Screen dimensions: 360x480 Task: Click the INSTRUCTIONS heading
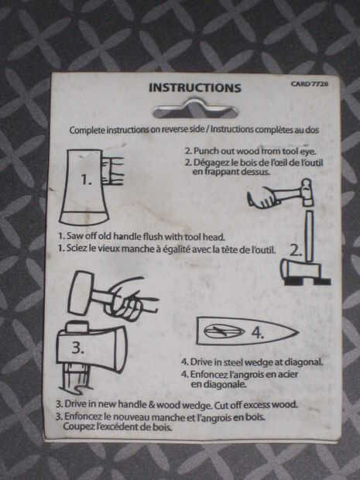pos(195,87)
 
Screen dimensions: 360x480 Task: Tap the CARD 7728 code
pos(310,84)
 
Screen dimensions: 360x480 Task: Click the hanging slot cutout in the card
pos(194,109)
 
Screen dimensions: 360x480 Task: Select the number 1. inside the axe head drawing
pos(87,180)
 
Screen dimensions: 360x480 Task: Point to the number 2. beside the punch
pos(296,251)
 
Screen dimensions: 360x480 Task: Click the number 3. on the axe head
pos(77,348)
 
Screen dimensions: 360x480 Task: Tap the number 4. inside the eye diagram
pos(258,332)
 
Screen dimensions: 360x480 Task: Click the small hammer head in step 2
pos(307,193)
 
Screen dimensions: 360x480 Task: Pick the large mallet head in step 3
pos(81,293)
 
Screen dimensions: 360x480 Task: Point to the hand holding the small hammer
pos(264,198)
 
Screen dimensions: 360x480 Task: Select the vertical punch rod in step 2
pos(310,236)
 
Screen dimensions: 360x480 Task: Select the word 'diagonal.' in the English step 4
pos(304,362)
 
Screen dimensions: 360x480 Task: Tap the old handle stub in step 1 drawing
pos(112,170)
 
